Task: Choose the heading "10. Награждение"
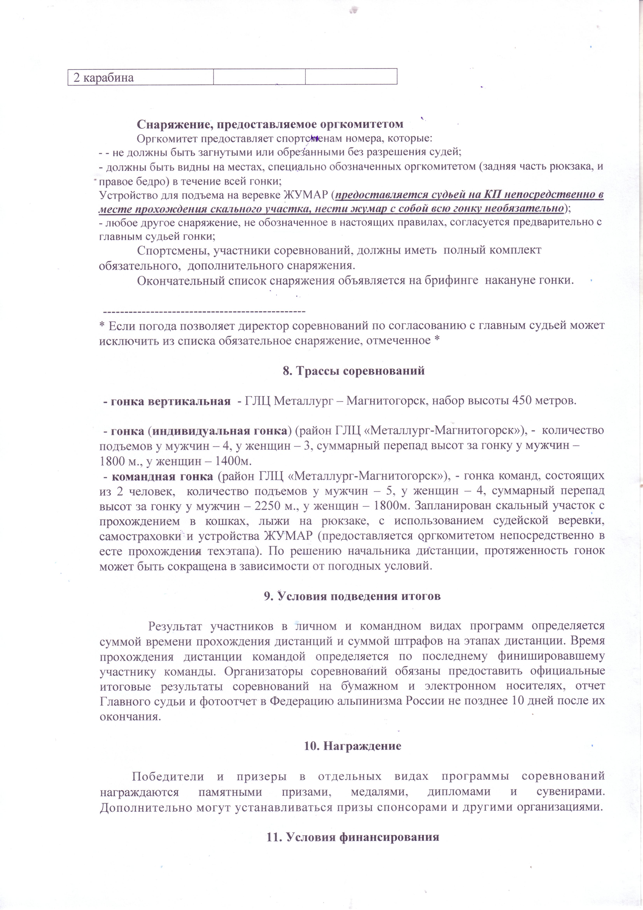(x=353, y=746)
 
